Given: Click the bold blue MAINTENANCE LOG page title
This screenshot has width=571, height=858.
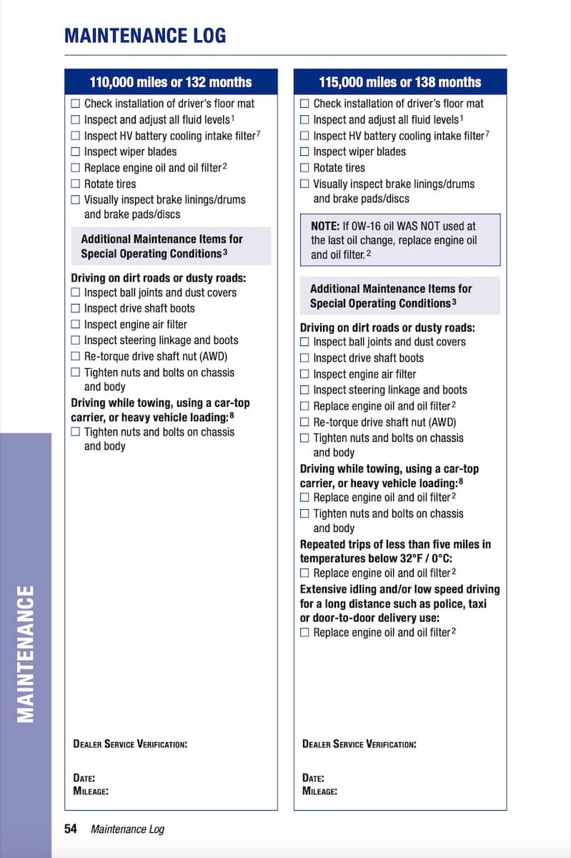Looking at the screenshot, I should point(145,35).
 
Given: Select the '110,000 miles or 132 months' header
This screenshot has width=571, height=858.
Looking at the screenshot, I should point(170,82).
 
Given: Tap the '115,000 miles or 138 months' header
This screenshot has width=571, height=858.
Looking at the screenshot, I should point(399,82).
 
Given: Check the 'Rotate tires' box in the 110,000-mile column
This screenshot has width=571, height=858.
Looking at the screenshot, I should point(76,184).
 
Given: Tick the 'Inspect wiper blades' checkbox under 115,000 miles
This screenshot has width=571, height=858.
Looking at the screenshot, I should point(305,152).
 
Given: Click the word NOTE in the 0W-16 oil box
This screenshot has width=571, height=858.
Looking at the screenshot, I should point(324,226).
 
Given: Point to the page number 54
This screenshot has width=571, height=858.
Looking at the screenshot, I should point(71,829).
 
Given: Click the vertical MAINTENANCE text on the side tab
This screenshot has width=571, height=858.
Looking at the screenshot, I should point(26,654).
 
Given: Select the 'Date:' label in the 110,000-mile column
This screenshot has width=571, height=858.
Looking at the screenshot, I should point(84,777).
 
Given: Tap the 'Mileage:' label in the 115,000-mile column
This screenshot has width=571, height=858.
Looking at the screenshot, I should point(319,791).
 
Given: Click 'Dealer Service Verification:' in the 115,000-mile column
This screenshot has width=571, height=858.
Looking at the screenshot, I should point(359,744).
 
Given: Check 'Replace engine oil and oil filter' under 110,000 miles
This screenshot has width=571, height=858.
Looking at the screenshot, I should point(76,168).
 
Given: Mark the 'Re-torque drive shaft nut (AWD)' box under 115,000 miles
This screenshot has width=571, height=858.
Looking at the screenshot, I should point(305,423).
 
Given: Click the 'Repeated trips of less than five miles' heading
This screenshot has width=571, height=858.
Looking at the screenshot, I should point(395,544).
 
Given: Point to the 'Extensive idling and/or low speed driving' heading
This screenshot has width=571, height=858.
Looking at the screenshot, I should point(399,589).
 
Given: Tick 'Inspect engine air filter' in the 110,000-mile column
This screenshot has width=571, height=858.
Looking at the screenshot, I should point(76,325).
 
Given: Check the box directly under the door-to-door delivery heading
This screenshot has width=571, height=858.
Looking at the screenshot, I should point(305,633).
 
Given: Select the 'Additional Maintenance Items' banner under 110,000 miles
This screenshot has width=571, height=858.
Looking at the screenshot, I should point(170,246).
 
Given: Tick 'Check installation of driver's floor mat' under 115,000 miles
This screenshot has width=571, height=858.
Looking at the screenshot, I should point(305,104).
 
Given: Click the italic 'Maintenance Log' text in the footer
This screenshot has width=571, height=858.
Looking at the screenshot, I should point(127,829).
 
